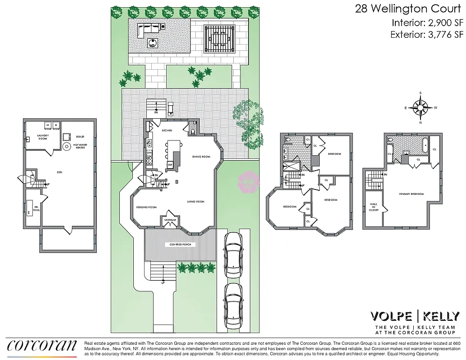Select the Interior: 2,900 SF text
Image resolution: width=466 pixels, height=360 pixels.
click(426, 22)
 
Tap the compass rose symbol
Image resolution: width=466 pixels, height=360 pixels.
click(421, 108)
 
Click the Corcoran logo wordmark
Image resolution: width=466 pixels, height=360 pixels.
click(42, 345)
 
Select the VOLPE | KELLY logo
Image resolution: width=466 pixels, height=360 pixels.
click(414, 316)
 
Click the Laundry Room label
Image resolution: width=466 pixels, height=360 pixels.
click(43, 136)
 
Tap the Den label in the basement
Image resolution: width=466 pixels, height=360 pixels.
click(59, 172)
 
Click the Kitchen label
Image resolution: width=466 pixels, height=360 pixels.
click(167, 130)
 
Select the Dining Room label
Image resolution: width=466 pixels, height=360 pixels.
click(201, 157)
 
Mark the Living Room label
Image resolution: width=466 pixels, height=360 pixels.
click(196, 202)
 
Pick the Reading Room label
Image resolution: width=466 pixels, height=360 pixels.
click(146, 207)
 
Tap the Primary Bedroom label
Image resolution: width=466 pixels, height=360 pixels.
click(412, 194)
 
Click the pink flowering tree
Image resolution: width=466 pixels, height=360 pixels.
click(249, 181)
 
